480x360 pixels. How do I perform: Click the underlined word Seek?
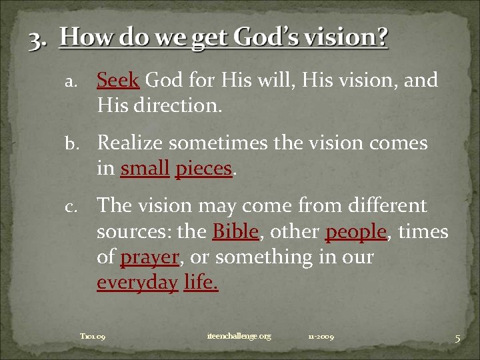117,81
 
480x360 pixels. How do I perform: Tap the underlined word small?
145,169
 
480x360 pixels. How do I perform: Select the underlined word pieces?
203,169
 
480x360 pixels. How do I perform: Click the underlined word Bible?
235,232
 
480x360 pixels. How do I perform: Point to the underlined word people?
356,232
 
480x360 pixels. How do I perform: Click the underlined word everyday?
137,283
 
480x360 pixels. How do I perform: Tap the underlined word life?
201,283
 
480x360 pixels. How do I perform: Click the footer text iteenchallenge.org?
239,337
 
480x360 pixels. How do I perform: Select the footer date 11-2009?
321,337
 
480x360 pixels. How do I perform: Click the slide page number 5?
457,339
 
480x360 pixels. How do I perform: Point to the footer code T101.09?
93,337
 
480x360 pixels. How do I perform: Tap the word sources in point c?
131,232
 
